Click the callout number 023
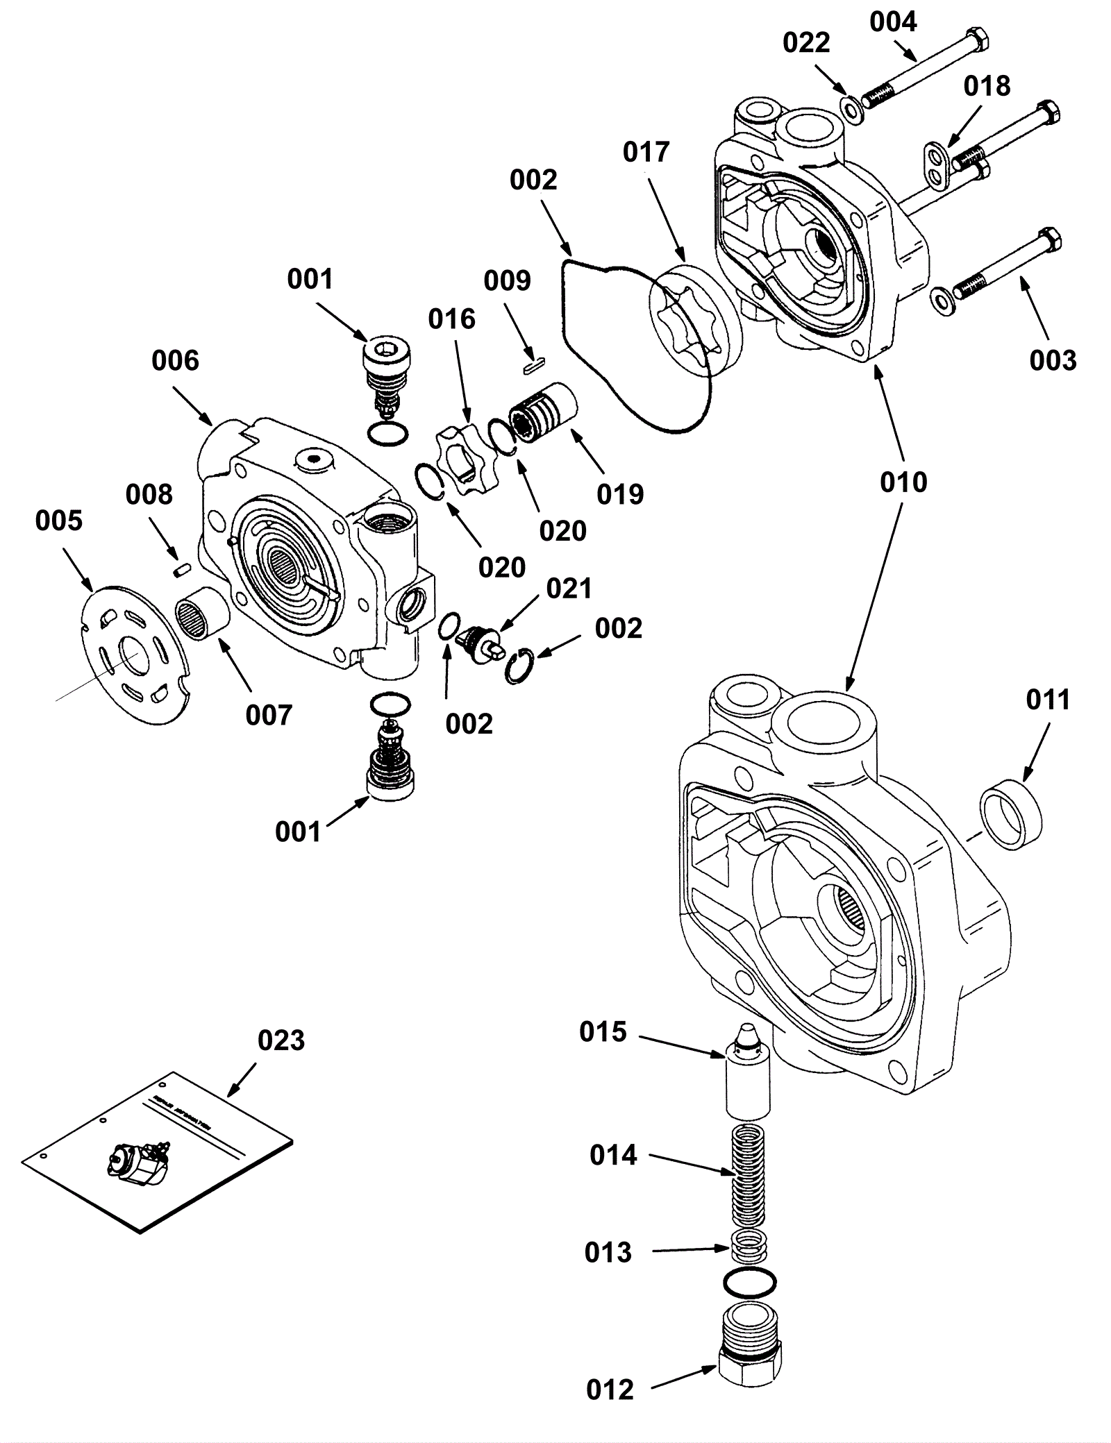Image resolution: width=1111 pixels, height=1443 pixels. (x=281, y=1040)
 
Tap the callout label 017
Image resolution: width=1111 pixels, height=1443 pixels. (x=646, y=152)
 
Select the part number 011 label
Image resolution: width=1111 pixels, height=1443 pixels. (x=1048, y=700)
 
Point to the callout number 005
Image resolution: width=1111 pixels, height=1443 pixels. (x=59, y=521)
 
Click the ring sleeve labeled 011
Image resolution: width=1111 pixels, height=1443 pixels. (x=1011, y=813)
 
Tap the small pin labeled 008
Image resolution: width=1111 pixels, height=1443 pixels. (x=181, y=569)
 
